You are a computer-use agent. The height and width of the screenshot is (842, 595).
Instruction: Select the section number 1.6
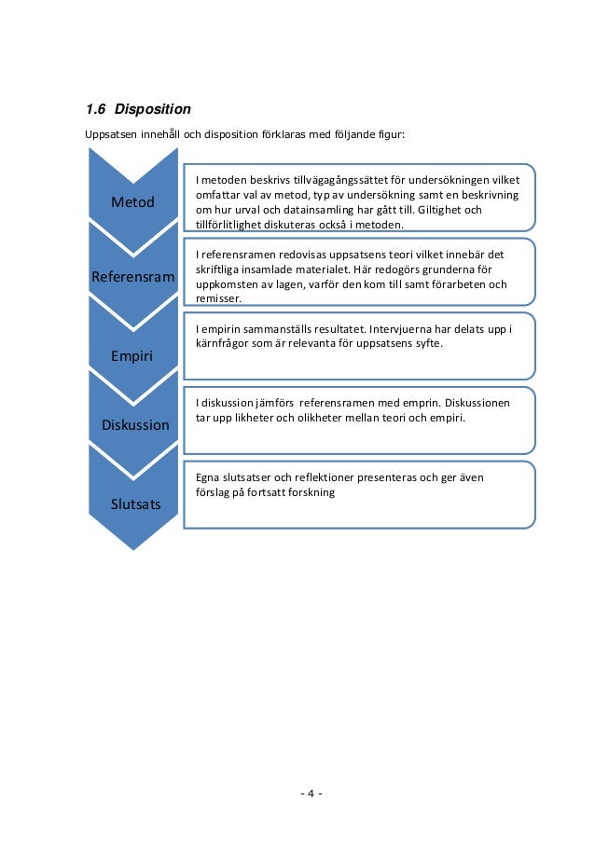coord(97,109)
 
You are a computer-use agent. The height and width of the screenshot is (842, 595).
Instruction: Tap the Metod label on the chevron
coord(132,202)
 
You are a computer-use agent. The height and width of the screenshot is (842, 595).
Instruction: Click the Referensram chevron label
coord(132,277)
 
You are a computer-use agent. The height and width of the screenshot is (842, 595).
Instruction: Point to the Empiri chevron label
coord(132,355)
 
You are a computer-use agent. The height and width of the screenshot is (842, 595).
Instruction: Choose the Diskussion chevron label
coord(135,425)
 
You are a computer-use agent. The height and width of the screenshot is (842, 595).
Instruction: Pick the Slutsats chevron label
coord(135,504)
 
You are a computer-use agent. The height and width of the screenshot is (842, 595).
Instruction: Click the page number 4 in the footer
coord(311,794)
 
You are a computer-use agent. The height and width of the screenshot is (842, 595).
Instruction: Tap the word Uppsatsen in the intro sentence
coord(111,134)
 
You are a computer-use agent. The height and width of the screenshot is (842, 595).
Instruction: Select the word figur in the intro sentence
coord(390,134)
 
